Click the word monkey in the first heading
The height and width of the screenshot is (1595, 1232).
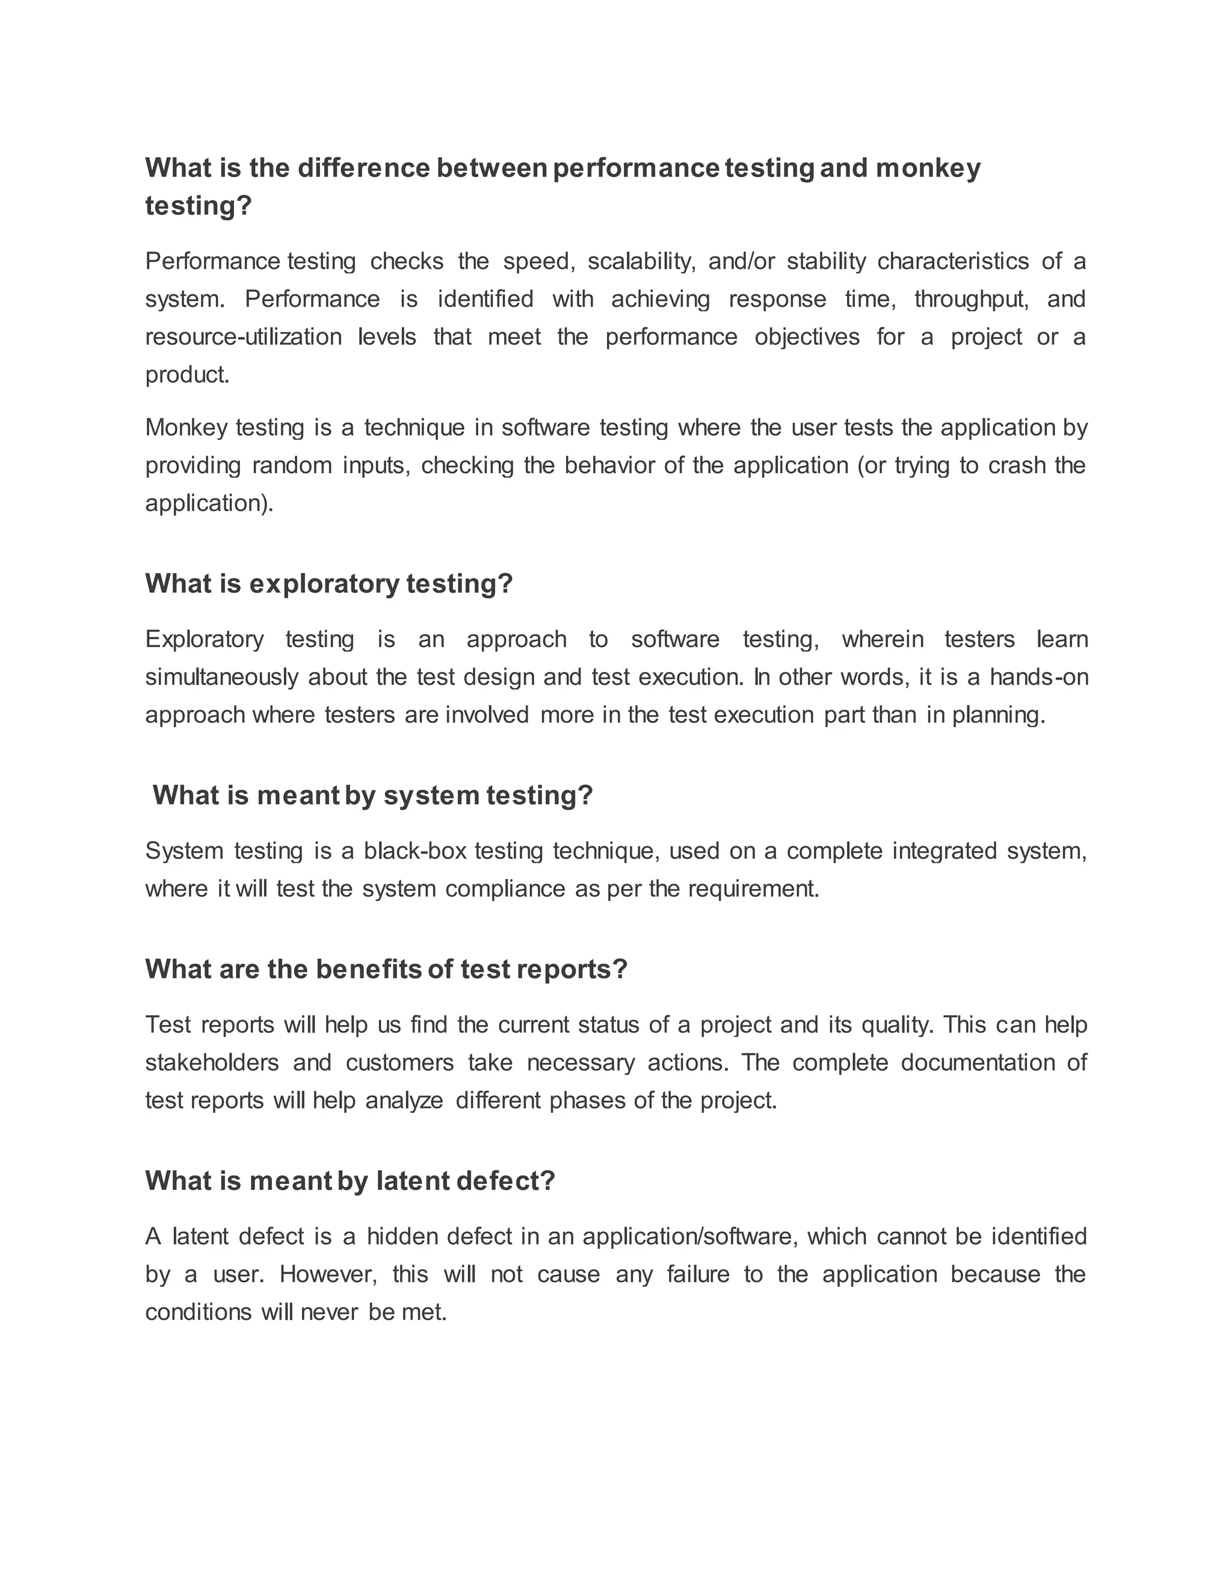(x=928, y=169)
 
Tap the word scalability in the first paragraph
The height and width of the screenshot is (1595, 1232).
(x=640, y=261)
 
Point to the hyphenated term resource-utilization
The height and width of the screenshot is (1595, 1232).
(x=243, y=338)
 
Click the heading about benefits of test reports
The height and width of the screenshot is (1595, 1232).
(x=386, y=970)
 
